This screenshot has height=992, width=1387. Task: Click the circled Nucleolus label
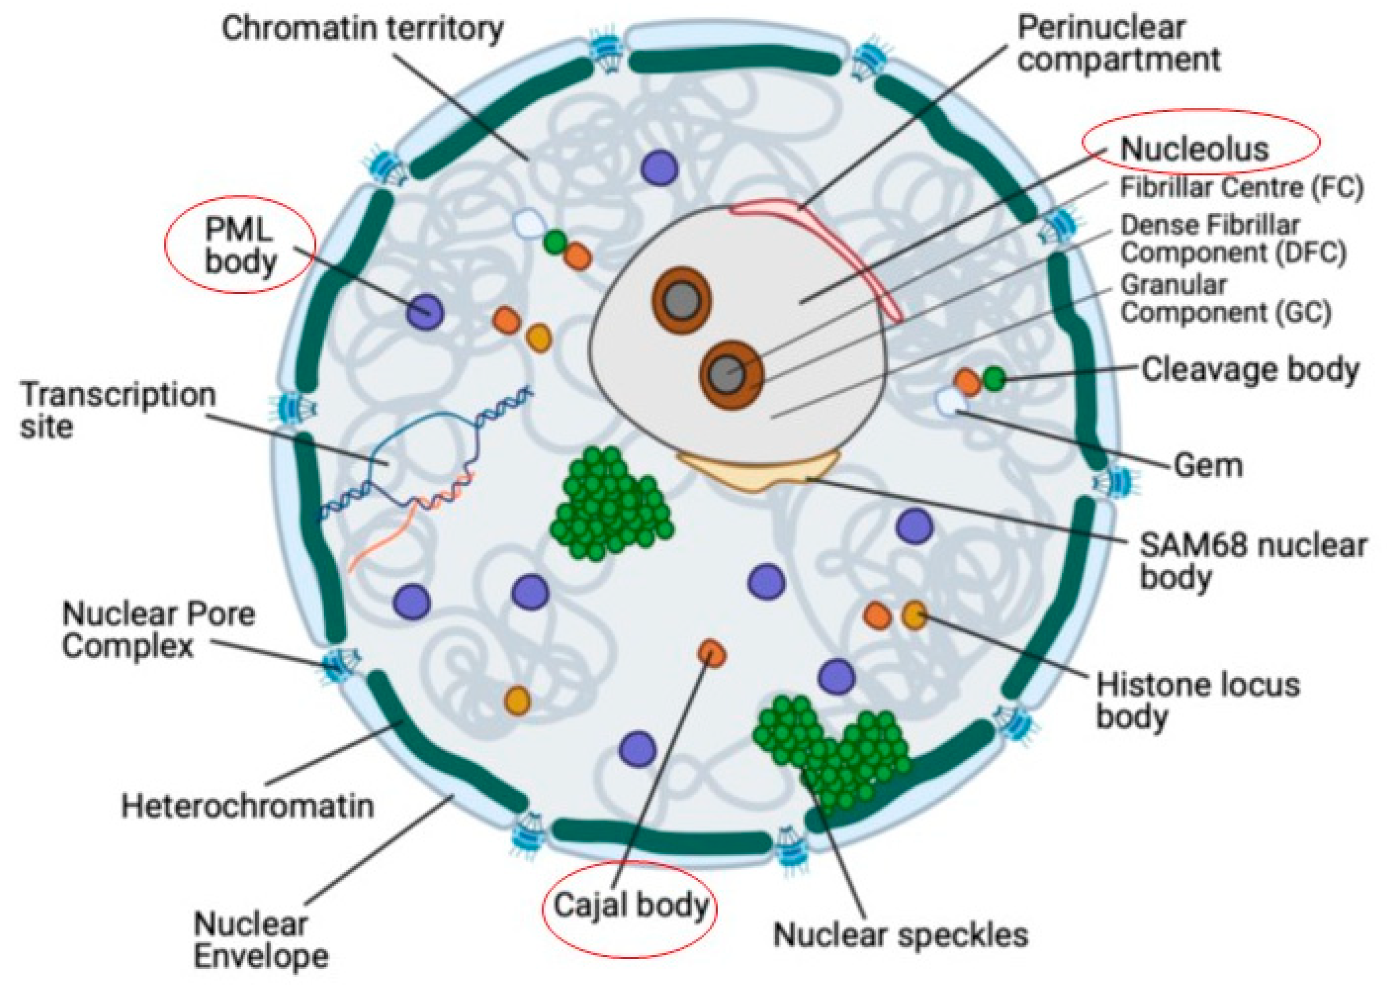(1193, 149)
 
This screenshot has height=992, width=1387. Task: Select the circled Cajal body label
(630, 905)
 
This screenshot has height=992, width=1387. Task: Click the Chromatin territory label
(362, 29)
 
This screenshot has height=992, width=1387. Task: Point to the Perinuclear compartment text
(1118, 44)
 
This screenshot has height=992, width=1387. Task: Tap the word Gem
(1208, 466)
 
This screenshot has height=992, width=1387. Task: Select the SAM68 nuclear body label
(1252, 561)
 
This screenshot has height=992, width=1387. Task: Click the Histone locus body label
(1197, 701)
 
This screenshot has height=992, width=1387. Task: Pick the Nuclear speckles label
(900, 935)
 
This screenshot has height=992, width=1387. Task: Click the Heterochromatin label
(247, 806)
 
